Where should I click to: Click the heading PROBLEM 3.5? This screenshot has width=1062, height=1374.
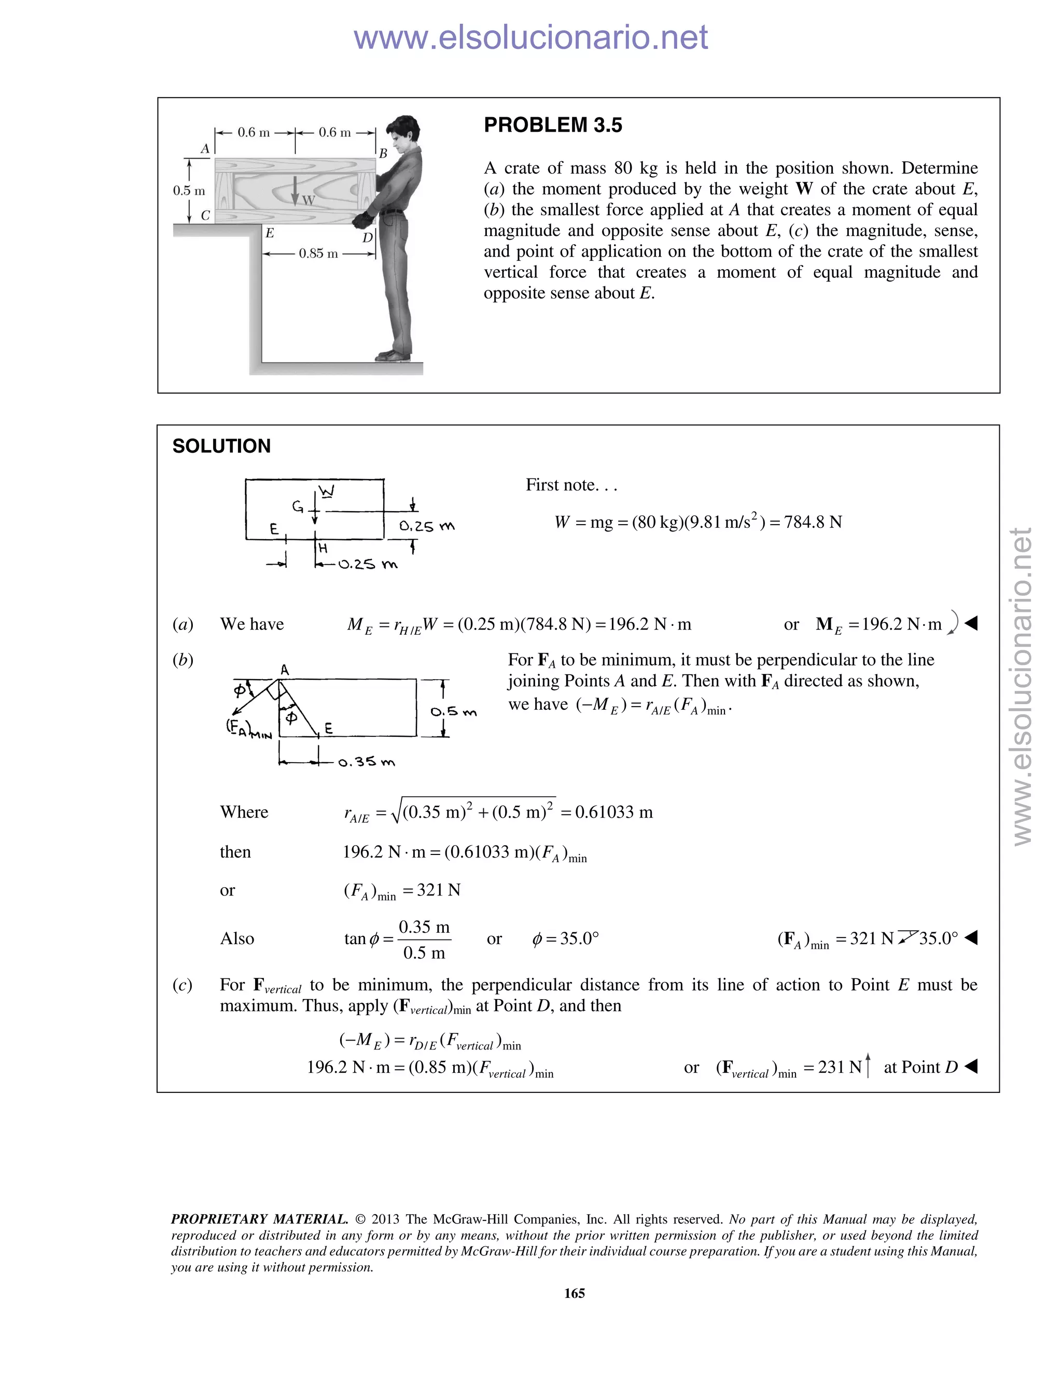pyautogui.click(x=552, y=125)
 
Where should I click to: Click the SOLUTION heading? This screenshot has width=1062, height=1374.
pyautogui.click(x=221, y=446)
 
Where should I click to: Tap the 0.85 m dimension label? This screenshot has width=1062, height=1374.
pyautogui.click(x=318, y=254)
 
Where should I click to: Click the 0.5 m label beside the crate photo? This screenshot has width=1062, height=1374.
pyautogui.click(x=189, y=191)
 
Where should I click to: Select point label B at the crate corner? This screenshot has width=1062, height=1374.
pyautogui.click(x=383, y=153)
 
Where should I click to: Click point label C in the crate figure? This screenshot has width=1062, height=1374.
pyautogui.click(x=205, y=215)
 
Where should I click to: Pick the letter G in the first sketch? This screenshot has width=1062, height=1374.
pyautogui.click(x=297, y=507)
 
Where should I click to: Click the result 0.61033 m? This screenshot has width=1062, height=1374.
pyautogui.click(x=613, y=812)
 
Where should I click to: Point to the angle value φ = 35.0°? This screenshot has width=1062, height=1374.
pyautogui.click(x=565, y=938)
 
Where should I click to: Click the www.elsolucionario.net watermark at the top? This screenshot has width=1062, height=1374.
pyautogui.click(x=530, y=37)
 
